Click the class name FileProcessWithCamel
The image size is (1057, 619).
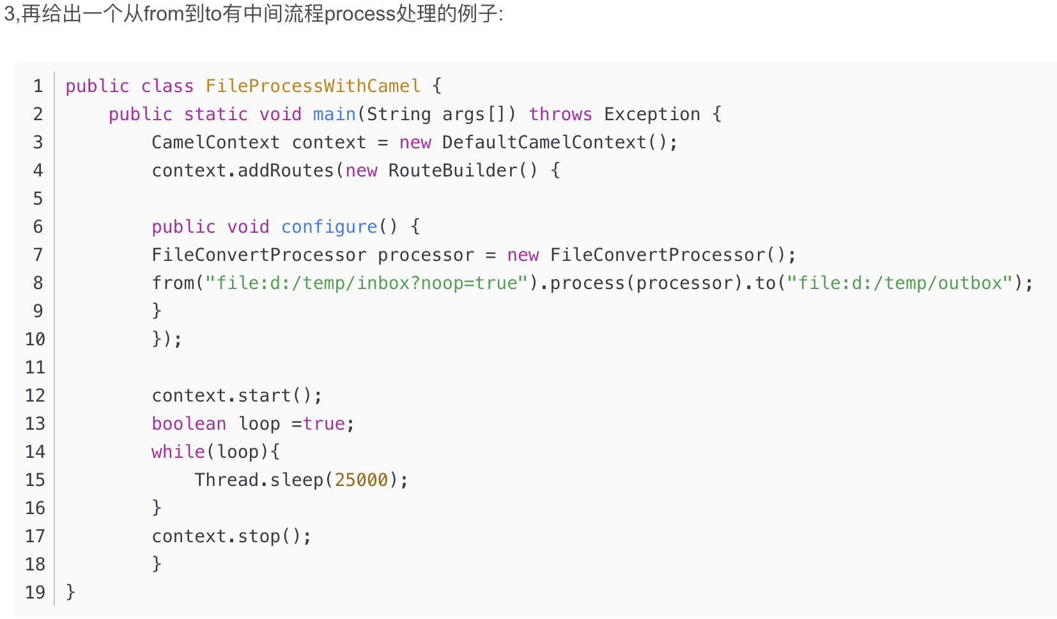coord(312,86)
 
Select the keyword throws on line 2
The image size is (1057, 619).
coord(560,114)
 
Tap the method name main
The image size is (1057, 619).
coord(334,114)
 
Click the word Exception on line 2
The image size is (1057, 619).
coord(652,114)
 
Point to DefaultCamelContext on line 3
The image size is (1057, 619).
coord(544,142)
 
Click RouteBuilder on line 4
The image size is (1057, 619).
coord(452,170)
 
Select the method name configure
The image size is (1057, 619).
coord(329,226)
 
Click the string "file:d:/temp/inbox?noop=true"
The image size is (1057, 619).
coord(366,283)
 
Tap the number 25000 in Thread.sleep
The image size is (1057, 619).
coord(361,480)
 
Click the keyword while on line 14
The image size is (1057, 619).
coord(178,451)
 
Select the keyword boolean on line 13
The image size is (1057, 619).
coord(189,423)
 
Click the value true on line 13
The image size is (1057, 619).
coord(323,423)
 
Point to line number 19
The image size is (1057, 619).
coord(35,592)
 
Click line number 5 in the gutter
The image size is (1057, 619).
coord(38,198)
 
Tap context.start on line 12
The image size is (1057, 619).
coord(221,395)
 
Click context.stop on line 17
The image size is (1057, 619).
coord(216,536)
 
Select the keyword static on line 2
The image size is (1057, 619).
coord(215,114)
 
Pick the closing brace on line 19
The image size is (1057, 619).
coord(70,592)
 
